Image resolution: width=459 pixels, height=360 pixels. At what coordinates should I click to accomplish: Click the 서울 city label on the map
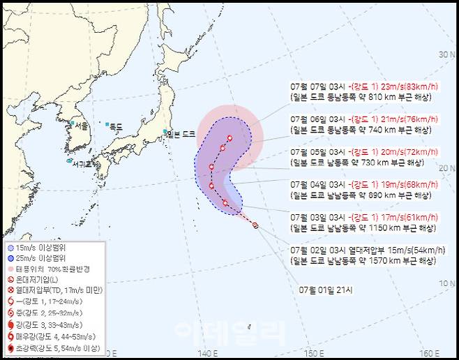[81, 126]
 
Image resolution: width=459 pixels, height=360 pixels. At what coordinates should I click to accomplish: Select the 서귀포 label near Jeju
[82, 165]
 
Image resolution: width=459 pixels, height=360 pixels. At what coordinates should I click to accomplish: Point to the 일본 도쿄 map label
[183, 134]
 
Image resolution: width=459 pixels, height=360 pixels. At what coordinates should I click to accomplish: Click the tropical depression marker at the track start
[255, 225]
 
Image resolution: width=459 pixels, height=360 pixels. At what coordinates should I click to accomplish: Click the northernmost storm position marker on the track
[229, 139]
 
